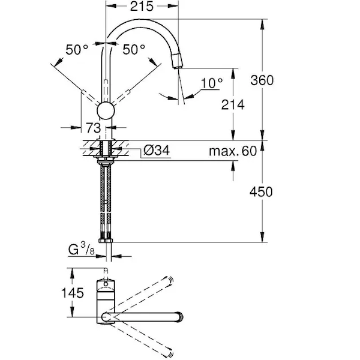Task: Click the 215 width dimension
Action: (142, 6)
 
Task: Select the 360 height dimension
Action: (262, 80)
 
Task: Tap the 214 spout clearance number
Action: (233, 104)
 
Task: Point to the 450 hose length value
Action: (261, 192)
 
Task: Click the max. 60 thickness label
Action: (233, 151)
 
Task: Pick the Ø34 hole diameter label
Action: (157, 151)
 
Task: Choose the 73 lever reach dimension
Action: (94, 128)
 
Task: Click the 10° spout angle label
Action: (212, 83)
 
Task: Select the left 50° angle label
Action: (77, 50)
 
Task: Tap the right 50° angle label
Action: (134, 49)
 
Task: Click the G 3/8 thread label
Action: (82, 250)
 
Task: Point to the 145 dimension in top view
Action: (73, 293)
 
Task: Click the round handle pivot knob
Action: (106, 111)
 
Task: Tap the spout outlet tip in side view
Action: (178, 67)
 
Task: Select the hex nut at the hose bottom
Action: (106, 241)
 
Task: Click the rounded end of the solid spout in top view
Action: (179, 317)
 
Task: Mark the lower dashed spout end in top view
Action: (169, 354)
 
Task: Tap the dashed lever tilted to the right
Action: (121, 98)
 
